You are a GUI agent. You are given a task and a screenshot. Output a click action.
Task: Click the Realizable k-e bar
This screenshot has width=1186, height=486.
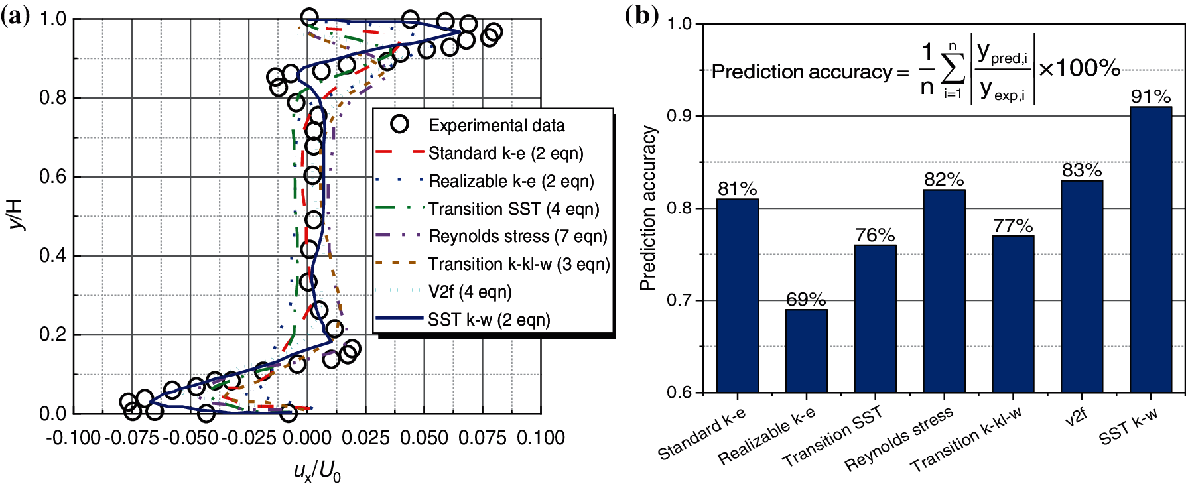[806, 351]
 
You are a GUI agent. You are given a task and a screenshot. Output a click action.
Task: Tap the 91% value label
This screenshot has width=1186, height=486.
[1151, 97]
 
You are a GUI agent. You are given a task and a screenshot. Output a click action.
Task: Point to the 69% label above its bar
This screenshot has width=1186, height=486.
[806, 300]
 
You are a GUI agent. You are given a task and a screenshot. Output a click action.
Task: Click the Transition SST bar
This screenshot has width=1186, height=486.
[875, 318]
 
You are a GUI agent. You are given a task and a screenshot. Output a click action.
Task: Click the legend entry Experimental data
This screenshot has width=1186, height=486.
[496, 125]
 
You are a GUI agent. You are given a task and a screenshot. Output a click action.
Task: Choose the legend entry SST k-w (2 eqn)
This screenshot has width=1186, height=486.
[489, 320]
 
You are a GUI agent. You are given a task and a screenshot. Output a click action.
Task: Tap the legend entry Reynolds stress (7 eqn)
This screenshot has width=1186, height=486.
[517, 236]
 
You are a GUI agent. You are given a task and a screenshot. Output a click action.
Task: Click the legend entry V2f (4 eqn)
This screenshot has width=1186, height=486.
[470, 292]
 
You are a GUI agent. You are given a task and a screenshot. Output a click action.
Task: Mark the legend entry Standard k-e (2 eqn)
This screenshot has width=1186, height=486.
[505, 153]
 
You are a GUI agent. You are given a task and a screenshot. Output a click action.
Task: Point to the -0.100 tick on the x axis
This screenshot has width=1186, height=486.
[73, 438]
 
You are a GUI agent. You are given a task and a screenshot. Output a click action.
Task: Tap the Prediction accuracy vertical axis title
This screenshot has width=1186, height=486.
[648, 208]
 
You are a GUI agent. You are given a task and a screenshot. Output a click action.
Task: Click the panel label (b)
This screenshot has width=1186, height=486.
[641, 15]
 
